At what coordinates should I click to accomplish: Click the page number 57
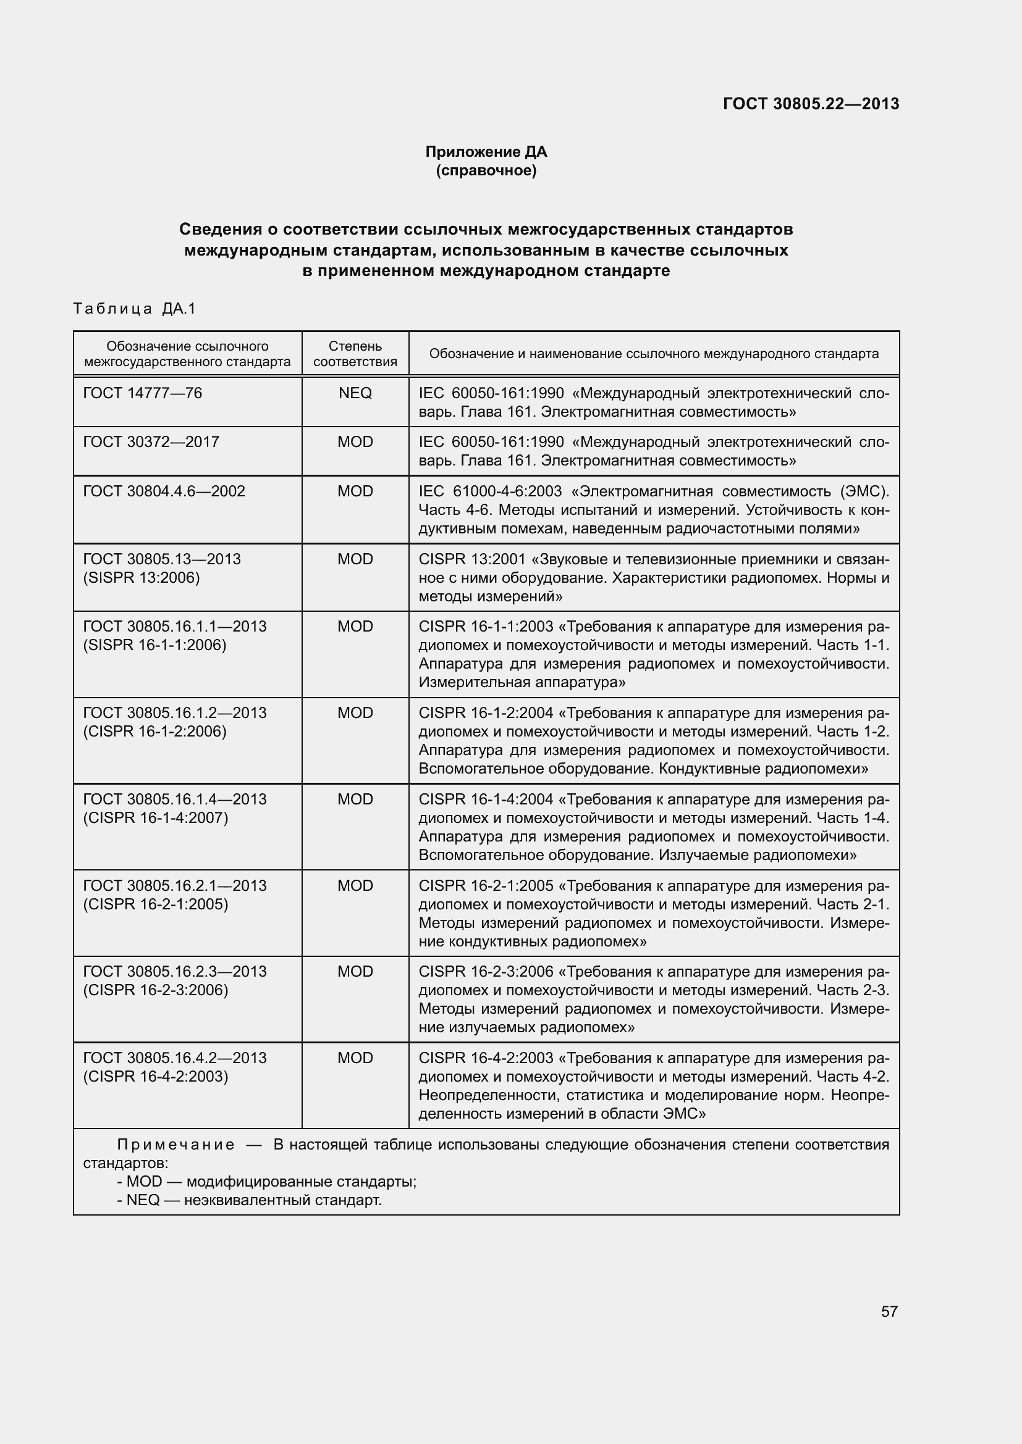click(x=889, y=1311)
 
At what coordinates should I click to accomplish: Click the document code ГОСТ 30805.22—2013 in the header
click(x=811, y=104)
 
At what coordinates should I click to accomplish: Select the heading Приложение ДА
click(x=486, y=152)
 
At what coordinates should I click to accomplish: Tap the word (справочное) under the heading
click(x=486, y=170)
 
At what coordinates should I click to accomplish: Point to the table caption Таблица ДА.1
click(x=135, y=308)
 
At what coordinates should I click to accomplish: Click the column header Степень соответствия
click(x=355, y=354)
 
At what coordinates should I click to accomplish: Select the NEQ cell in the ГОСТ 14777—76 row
click(x=355, y=393)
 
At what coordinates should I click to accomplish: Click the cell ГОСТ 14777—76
click(x=143, y=393)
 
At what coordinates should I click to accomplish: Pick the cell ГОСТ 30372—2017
click(x=151, y=441)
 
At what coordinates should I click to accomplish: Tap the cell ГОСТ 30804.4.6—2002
click(x=164, y=491)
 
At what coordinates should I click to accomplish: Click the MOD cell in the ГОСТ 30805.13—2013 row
click(x=355, y=559)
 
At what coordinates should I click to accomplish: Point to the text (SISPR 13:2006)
click(x=141, y=577)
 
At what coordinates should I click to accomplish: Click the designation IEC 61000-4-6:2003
click(x=490, y=491)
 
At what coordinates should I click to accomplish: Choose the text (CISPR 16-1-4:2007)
click(x=156, y=817)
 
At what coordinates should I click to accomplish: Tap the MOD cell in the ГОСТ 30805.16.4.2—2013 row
click(x=355, y=1058)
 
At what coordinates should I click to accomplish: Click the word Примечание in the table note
click(x=175, y=1145)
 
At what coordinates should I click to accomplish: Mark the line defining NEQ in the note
click(x=249, y=1200)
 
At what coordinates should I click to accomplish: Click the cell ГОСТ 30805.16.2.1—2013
click(x=175, y=885)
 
